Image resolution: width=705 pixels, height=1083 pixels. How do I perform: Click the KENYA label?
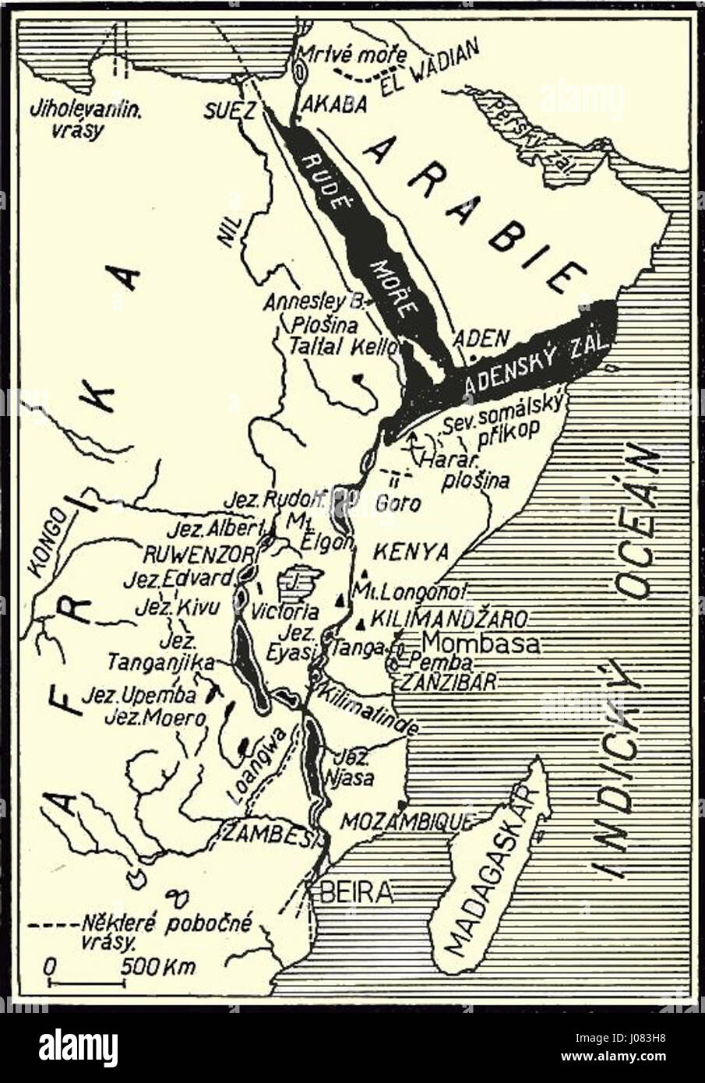coord(412,552)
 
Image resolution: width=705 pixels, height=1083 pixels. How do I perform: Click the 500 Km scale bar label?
coord(158,967)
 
